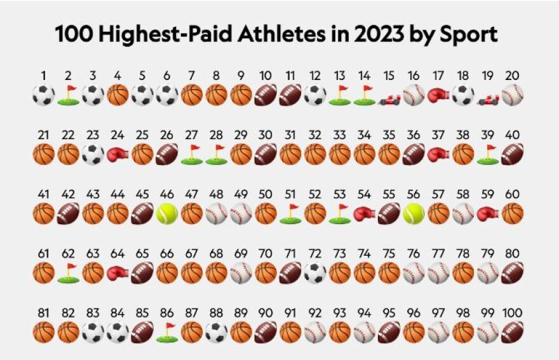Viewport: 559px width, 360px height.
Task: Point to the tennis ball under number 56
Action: [x=414, y=213]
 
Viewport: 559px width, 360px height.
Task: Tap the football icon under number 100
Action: [x=512, y=332]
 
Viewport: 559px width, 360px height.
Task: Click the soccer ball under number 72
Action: [x=314, y=273]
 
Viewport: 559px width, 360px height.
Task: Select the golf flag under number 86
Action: [x=166, y=332]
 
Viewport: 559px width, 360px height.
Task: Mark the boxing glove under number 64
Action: [x=118, y=273]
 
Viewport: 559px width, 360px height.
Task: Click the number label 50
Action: [x=266, y=195]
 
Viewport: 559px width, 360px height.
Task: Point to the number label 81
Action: [x=43, y=314]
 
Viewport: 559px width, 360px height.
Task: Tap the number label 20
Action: [x=512, y=76]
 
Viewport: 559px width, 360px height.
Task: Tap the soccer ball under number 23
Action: [x=93, y=154]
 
